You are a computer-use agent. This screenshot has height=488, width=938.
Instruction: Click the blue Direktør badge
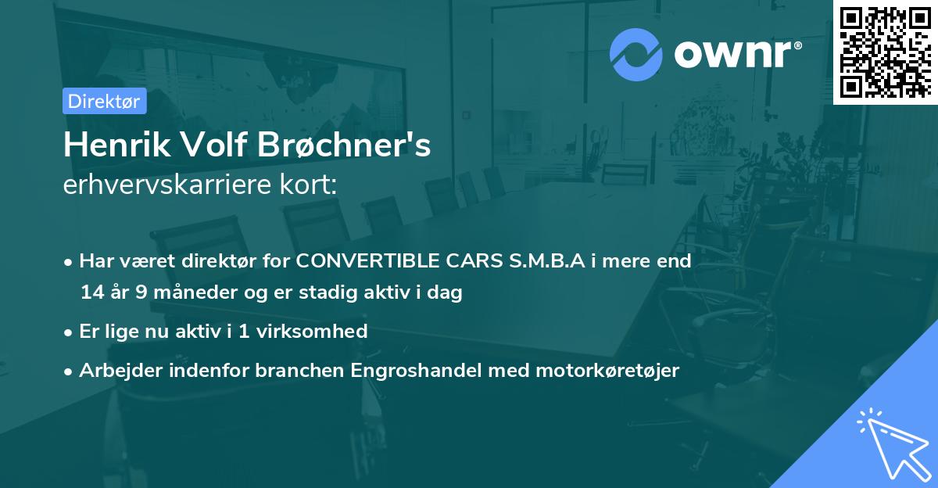(104, 102)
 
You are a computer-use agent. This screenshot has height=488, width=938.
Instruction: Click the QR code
(883, 52)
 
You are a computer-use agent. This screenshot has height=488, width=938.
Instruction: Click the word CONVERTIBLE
(365, 261)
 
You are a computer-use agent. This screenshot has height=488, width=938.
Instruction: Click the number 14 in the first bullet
(91, 293)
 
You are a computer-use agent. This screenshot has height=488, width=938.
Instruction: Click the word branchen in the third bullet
(295, 371)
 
